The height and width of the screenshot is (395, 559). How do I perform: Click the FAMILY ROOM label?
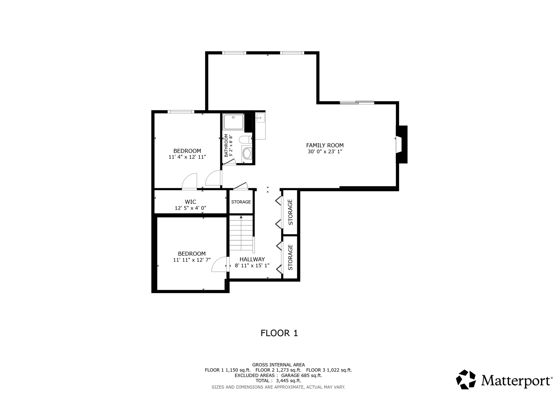[x=325, y=145]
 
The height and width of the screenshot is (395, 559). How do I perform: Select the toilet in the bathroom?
[x=245, y=139]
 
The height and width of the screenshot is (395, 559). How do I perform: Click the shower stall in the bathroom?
[x=233, y=122]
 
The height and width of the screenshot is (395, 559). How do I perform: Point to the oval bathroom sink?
[x=247, y=154]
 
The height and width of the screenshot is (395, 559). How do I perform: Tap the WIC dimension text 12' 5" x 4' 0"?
[x=190, y=208]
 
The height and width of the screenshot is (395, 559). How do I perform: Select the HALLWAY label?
[x=252, y=259]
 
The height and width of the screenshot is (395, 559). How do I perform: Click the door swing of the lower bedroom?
[x=219, y=265]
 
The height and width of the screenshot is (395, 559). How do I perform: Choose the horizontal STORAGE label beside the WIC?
[x=241, y=202]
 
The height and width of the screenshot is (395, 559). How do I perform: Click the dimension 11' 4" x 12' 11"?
[x=187, y=157]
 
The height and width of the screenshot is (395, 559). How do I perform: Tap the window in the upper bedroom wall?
[x=181, y=112]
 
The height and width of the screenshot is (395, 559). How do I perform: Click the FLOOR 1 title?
[x=279, y=333]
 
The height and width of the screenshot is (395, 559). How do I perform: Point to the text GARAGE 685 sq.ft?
[x=301, y=375]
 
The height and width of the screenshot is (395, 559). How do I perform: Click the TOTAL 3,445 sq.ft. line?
[x=278, y=380]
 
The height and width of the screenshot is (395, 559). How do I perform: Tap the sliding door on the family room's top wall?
[x=357, y=102]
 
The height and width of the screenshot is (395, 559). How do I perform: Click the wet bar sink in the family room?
[x=260, y=118]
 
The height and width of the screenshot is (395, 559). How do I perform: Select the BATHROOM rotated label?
[x=226, y=145]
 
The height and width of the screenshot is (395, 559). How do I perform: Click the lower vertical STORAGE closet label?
[x=290, y=257]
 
